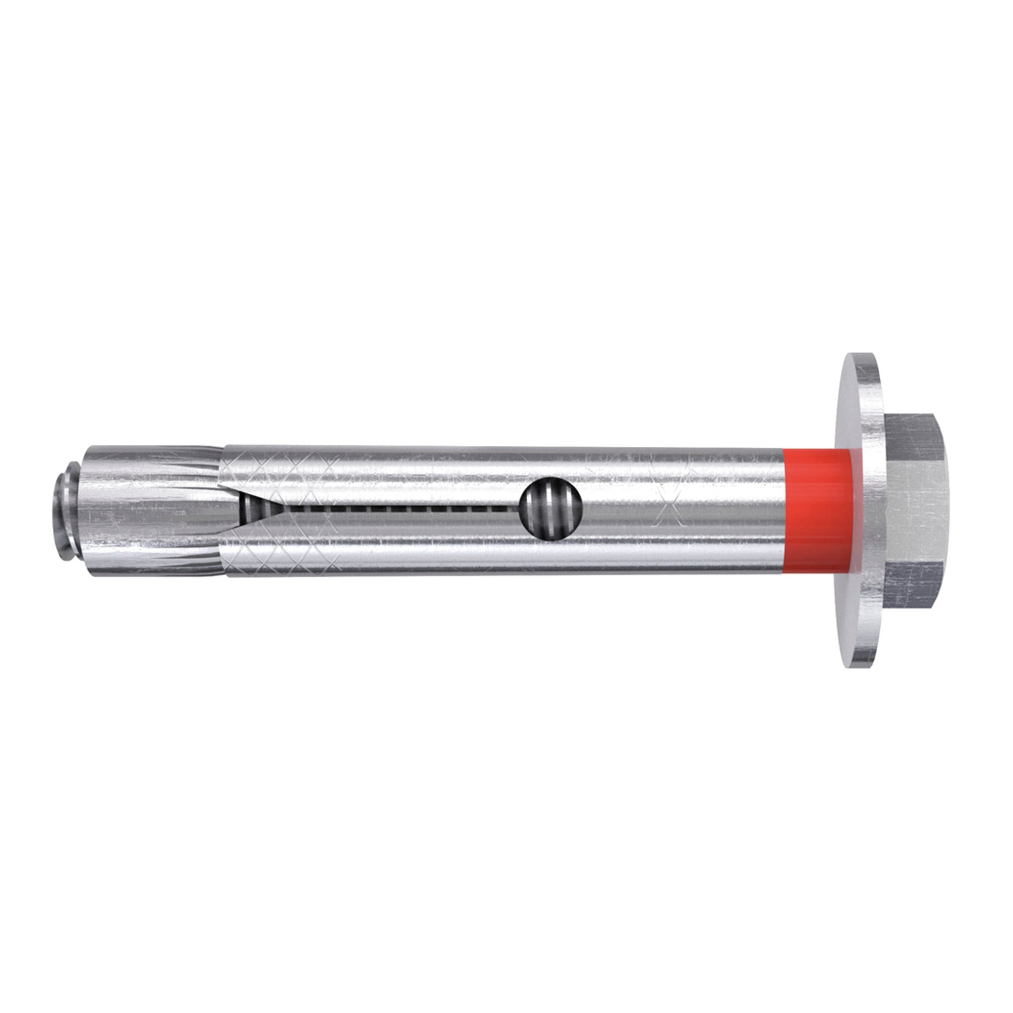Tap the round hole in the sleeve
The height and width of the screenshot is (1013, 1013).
[551, 508]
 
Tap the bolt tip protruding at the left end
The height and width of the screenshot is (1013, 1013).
[64, 511]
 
